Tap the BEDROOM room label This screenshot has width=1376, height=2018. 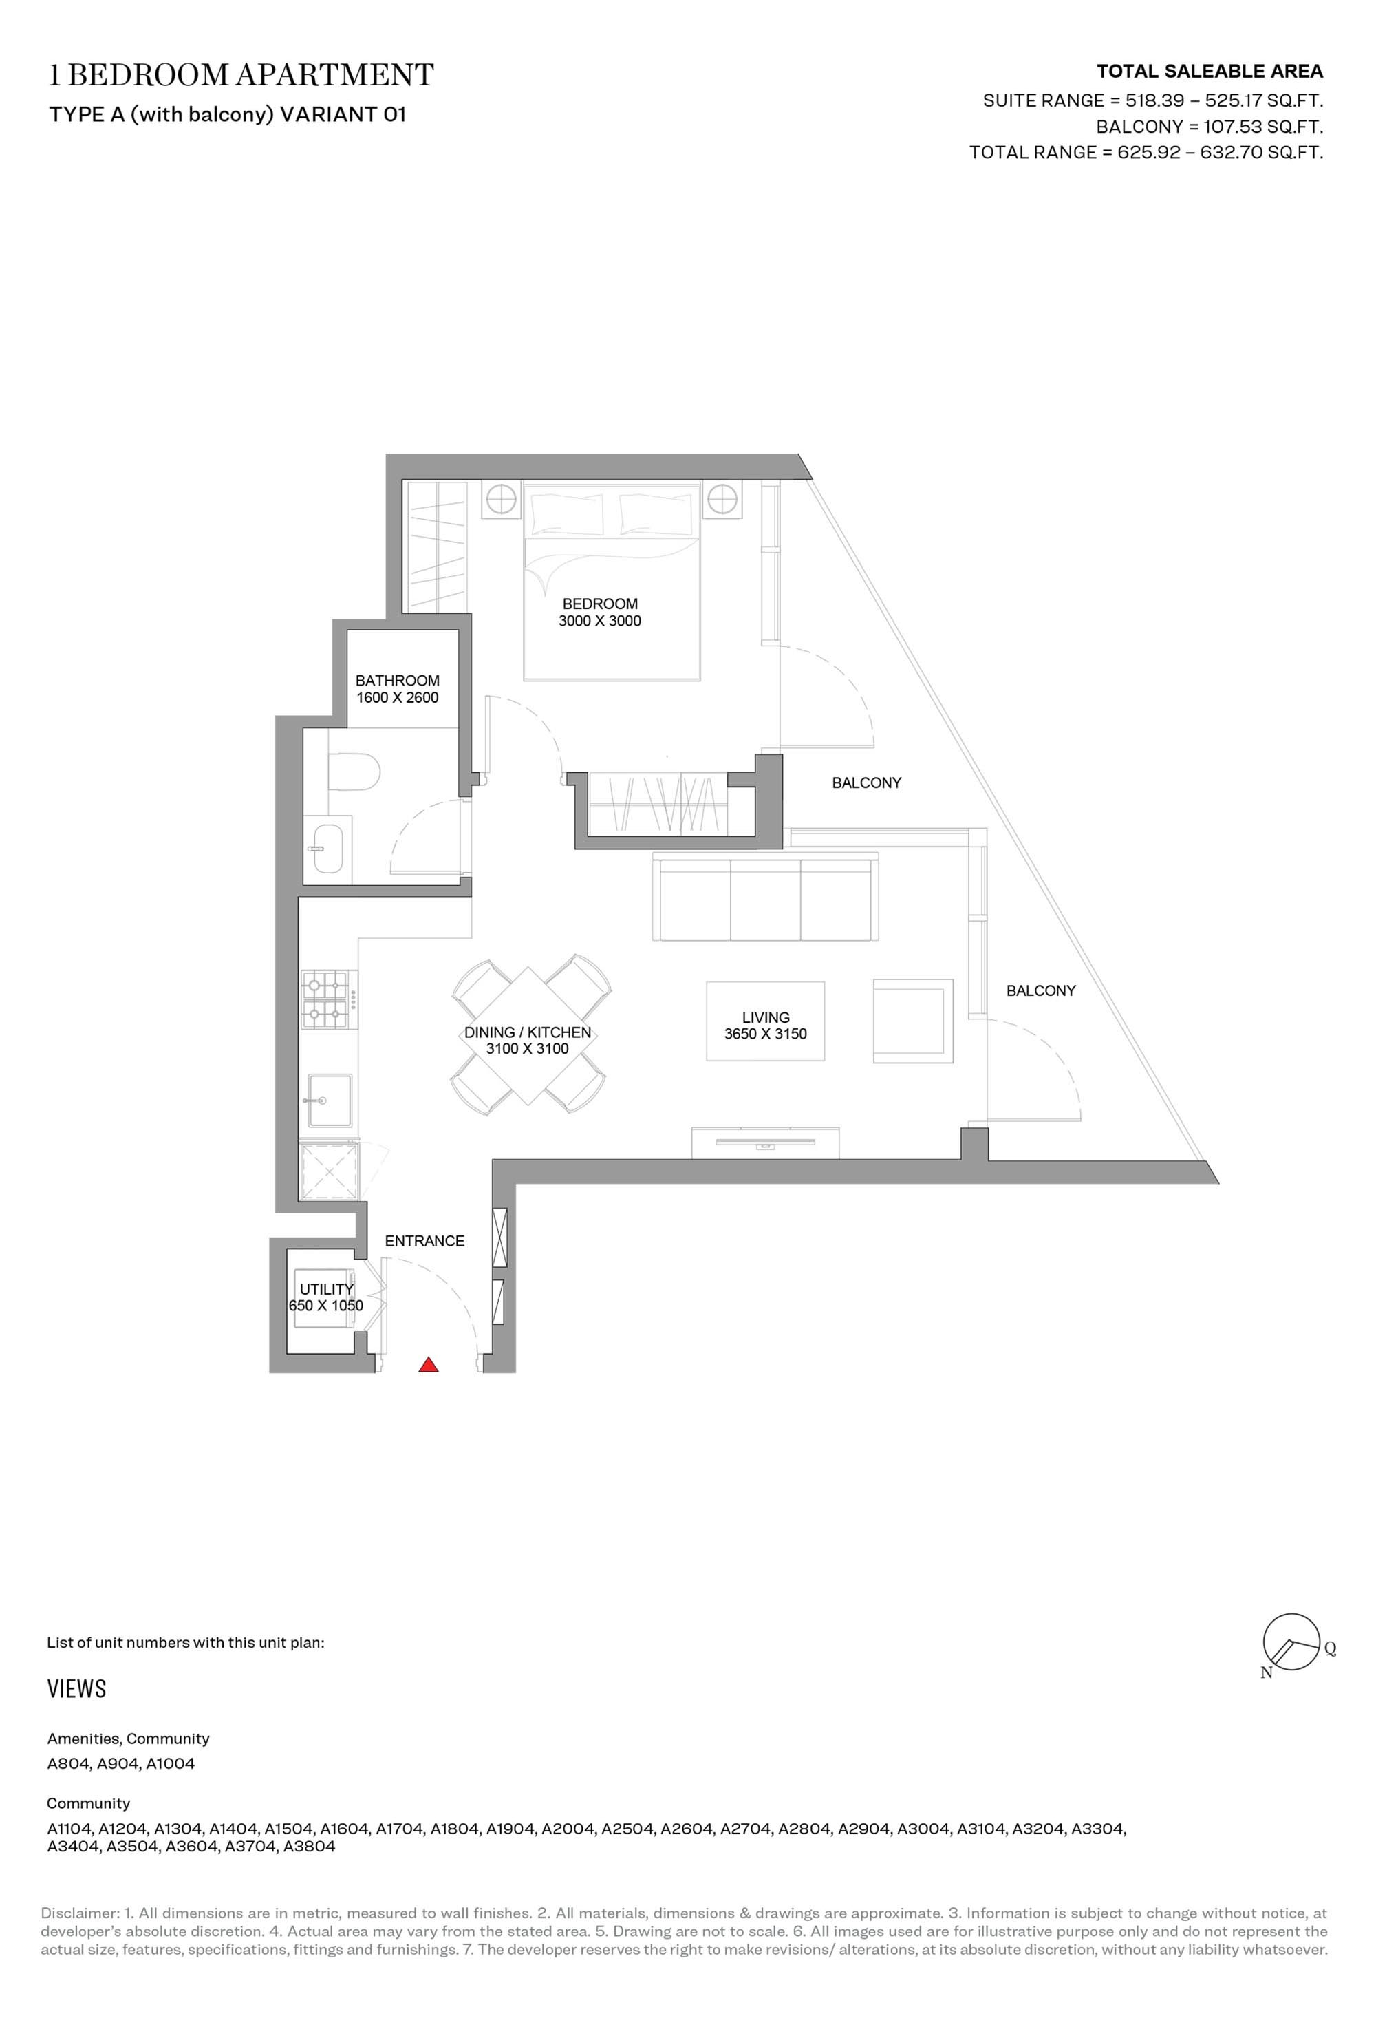[x=600, y=604]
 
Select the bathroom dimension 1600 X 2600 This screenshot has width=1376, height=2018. [x=398, y=697]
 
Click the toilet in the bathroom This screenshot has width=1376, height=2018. [x=354, y=770]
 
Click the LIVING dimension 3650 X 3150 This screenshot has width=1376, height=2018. [x=766, y=1033]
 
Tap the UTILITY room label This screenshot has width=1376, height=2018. [x=326, y=1290]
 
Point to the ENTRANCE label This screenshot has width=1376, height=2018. [x=424, y=1241]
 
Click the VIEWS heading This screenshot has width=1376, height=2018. [x=76, y=1689]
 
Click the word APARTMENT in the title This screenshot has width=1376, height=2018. [x=334, y=76]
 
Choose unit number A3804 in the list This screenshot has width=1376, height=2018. [x=308, y=1846]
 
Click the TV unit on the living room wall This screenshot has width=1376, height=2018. [x=765, y=1143]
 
